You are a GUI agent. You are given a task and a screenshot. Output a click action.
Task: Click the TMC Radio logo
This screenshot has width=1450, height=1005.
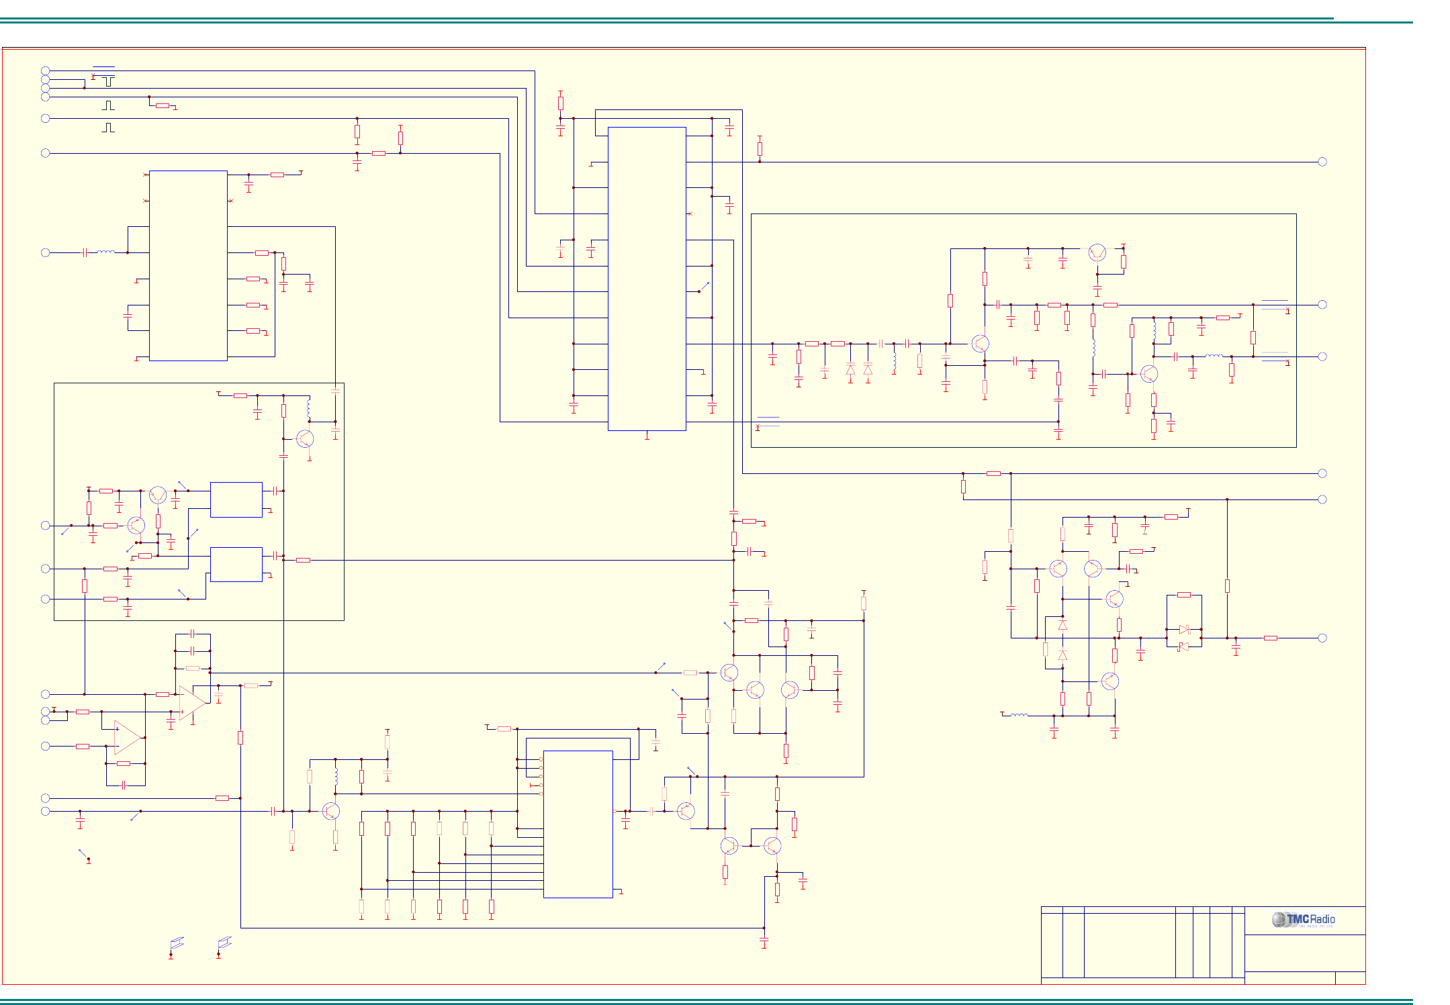pyautogui.click(x=1303, y=920)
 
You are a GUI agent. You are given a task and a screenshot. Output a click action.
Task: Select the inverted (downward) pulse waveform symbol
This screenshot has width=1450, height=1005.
pyautogui.click(x=108, y=81)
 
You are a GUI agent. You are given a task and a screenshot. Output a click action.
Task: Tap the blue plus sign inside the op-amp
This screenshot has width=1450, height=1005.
pyautogui.click(x=118, y=729)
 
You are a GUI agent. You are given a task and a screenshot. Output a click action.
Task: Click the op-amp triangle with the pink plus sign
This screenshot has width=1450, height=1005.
pyautogui.click(x=193, y=702)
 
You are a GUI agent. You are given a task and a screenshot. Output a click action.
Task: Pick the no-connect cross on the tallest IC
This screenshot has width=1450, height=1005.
pyautogui.click(x=690, y=213)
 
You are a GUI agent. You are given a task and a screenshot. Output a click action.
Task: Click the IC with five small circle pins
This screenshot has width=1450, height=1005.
pyautogui.click(x=578, y=824)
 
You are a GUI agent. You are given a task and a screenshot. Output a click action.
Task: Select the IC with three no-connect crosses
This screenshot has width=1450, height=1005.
pyautogui.click(x=188, y=265)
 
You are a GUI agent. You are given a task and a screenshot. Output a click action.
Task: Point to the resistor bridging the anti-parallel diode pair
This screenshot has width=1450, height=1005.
pyautogui.click(x=1184, y=595)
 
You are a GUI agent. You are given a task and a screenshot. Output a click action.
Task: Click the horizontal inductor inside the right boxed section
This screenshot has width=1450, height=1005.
pyautogui.click(x=1214, y=356)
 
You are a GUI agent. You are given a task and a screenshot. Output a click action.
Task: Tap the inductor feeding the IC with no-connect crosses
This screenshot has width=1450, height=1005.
pyautogui.click(x=106, y=252)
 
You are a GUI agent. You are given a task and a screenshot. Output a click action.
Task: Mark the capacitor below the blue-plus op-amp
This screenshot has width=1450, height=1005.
pyautogui.click(x=124, y=785)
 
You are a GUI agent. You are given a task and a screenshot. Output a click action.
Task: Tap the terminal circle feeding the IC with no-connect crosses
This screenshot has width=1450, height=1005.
pyautogui.click(x=46, y=252)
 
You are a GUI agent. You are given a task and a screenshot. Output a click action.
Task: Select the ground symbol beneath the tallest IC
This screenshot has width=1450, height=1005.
pyautogui.click(x=647, y=437)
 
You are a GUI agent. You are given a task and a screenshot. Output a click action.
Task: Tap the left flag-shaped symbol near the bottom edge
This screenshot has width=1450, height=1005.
pyautogui.click(x=177, y=943)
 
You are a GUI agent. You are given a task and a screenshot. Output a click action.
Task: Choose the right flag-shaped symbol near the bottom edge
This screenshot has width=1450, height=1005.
pyautogui.click(x=224, y=943)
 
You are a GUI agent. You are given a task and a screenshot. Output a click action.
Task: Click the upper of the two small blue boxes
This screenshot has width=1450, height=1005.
pyautogui.click(x=236, y=499)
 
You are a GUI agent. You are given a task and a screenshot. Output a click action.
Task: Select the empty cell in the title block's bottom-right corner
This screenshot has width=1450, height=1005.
pyautogui.click(x=1350, y=977)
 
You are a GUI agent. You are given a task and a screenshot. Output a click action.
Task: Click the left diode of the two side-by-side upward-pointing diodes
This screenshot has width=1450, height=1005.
pyautogui.click(x=850, y=369)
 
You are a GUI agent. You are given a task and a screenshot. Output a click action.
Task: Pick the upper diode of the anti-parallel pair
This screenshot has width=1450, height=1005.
pyautogui.click(x=1184, y=629)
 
